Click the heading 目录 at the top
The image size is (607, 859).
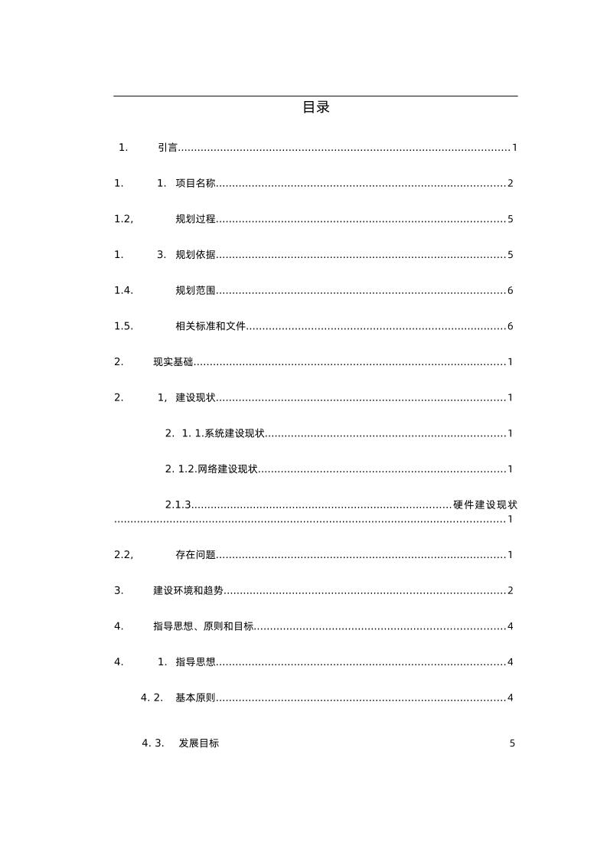(315, 108)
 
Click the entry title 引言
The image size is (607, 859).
(168, 148)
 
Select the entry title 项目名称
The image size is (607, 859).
(195, 184)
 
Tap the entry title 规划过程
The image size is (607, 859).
(195, 220)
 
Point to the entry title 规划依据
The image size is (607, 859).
(195, 255)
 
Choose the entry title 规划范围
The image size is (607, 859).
(195, 291)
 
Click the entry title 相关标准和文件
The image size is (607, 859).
(210, 327)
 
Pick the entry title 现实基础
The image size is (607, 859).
(173, 362)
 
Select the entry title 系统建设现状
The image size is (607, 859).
(234, 434)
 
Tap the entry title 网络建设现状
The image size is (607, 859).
(227, 469)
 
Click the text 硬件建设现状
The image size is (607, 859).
(485, 505)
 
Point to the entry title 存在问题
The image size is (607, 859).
(195, 555)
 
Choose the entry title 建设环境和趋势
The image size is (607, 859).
(188, 591)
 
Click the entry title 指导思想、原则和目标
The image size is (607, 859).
(203, 626)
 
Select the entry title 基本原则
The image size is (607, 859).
(195, 698)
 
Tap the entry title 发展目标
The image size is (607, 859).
(199, 743)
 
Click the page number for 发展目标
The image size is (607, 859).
(512, 743)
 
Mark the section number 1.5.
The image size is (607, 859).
(123, 327)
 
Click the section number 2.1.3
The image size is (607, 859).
(178, 505)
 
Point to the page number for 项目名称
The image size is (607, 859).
(510, 184)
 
